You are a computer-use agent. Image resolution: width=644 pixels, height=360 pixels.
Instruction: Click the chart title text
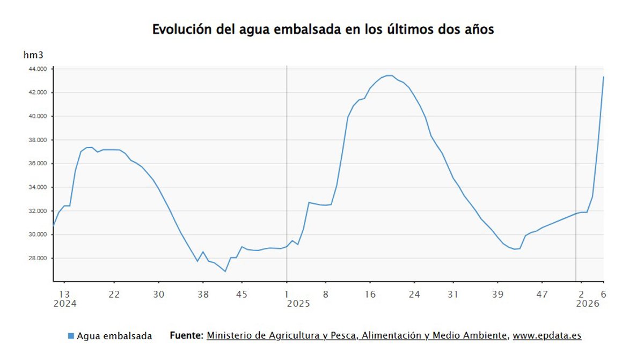tap(323, 30)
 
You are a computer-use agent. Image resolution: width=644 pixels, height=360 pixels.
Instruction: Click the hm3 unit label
tap(33, 55)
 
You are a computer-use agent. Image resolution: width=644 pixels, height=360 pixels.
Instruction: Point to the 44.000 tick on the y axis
tap(38, 69)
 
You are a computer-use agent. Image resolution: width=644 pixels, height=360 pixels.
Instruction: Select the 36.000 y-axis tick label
tap(38, 164)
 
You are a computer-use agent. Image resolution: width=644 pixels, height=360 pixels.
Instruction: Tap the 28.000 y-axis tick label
tap(38, 258)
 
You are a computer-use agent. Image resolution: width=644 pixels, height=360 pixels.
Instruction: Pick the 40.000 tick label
tap(38, 116)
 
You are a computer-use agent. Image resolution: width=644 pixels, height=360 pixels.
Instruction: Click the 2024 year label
tap(64, 304)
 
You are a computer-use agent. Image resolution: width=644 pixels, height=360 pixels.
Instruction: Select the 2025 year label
tap(298, 304)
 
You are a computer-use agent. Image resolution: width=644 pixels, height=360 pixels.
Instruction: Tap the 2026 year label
tap(588, 304)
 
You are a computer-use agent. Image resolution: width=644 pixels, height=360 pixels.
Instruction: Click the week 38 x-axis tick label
tap(203, 293)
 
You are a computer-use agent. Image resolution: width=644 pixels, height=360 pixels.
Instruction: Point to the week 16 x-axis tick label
tap(370, 293)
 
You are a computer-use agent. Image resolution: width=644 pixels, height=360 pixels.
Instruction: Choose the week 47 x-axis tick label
tap(543, 293)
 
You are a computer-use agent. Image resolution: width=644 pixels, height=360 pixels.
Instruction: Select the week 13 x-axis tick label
tap(64, 293)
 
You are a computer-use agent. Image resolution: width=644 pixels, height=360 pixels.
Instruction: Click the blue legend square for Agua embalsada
tap(71, 336)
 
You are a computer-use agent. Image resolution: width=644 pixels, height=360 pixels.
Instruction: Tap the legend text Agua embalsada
tap(114, 336)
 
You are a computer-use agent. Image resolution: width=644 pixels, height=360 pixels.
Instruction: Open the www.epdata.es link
tap(547, 335)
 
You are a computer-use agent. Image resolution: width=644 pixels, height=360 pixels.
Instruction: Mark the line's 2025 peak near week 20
tap(389, 75)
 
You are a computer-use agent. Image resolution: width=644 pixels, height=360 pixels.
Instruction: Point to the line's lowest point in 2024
tap(225, 271)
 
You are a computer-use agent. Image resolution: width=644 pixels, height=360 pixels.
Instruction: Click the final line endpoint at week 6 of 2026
tap(603, 77)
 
